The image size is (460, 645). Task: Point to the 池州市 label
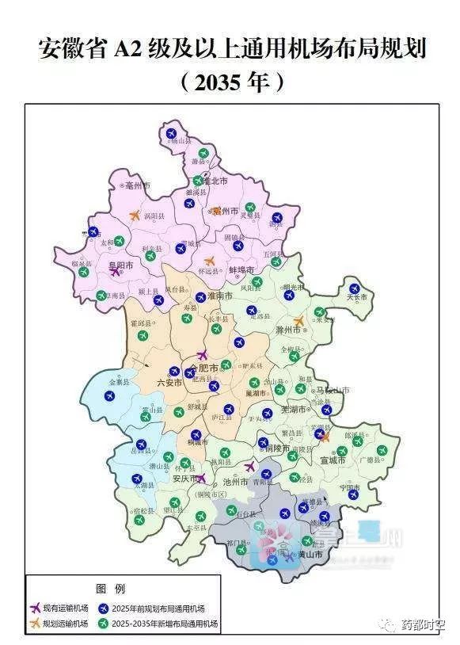(x=236, y=481)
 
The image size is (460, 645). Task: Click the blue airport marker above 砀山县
(x=171, y=132)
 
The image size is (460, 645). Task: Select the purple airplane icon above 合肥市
(x=203, y=355)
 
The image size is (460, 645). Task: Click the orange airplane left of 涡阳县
(x=135, y=215)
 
